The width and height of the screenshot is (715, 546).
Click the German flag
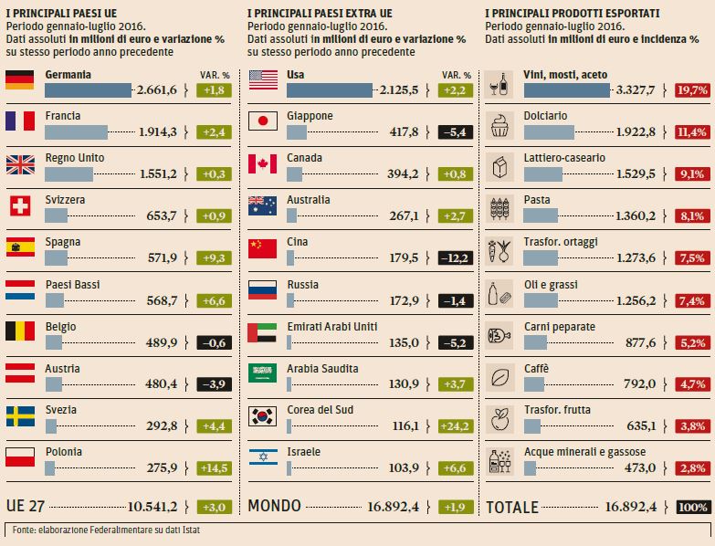(x=19, y=79)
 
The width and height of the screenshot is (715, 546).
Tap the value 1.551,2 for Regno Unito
(x=158, y=173)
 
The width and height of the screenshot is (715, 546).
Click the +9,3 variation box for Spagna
(x=215, y=258)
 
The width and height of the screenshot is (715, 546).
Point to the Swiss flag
(x=19, y=205)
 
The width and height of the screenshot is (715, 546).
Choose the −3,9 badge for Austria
(x=215, y=384)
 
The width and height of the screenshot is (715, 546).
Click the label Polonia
(x=64, y=452)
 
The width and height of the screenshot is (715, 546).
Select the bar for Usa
(x=330, y=89)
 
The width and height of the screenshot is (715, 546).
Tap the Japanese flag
(x=262, y=121)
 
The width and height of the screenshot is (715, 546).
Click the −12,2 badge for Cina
(x=456, y=258)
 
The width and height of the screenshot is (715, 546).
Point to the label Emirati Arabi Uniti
(x=333, y=326)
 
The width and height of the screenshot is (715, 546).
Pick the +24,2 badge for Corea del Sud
(x=456, y=426)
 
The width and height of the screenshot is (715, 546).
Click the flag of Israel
(x=262, y=457)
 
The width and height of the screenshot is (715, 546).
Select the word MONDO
(x=275, y=507)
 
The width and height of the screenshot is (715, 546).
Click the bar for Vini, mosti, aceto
(x=566, y=89)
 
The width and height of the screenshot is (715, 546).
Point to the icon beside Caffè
(x=499, y=373)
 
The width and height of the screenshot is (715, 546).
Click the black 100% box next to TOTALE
(x=693, y=507)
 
